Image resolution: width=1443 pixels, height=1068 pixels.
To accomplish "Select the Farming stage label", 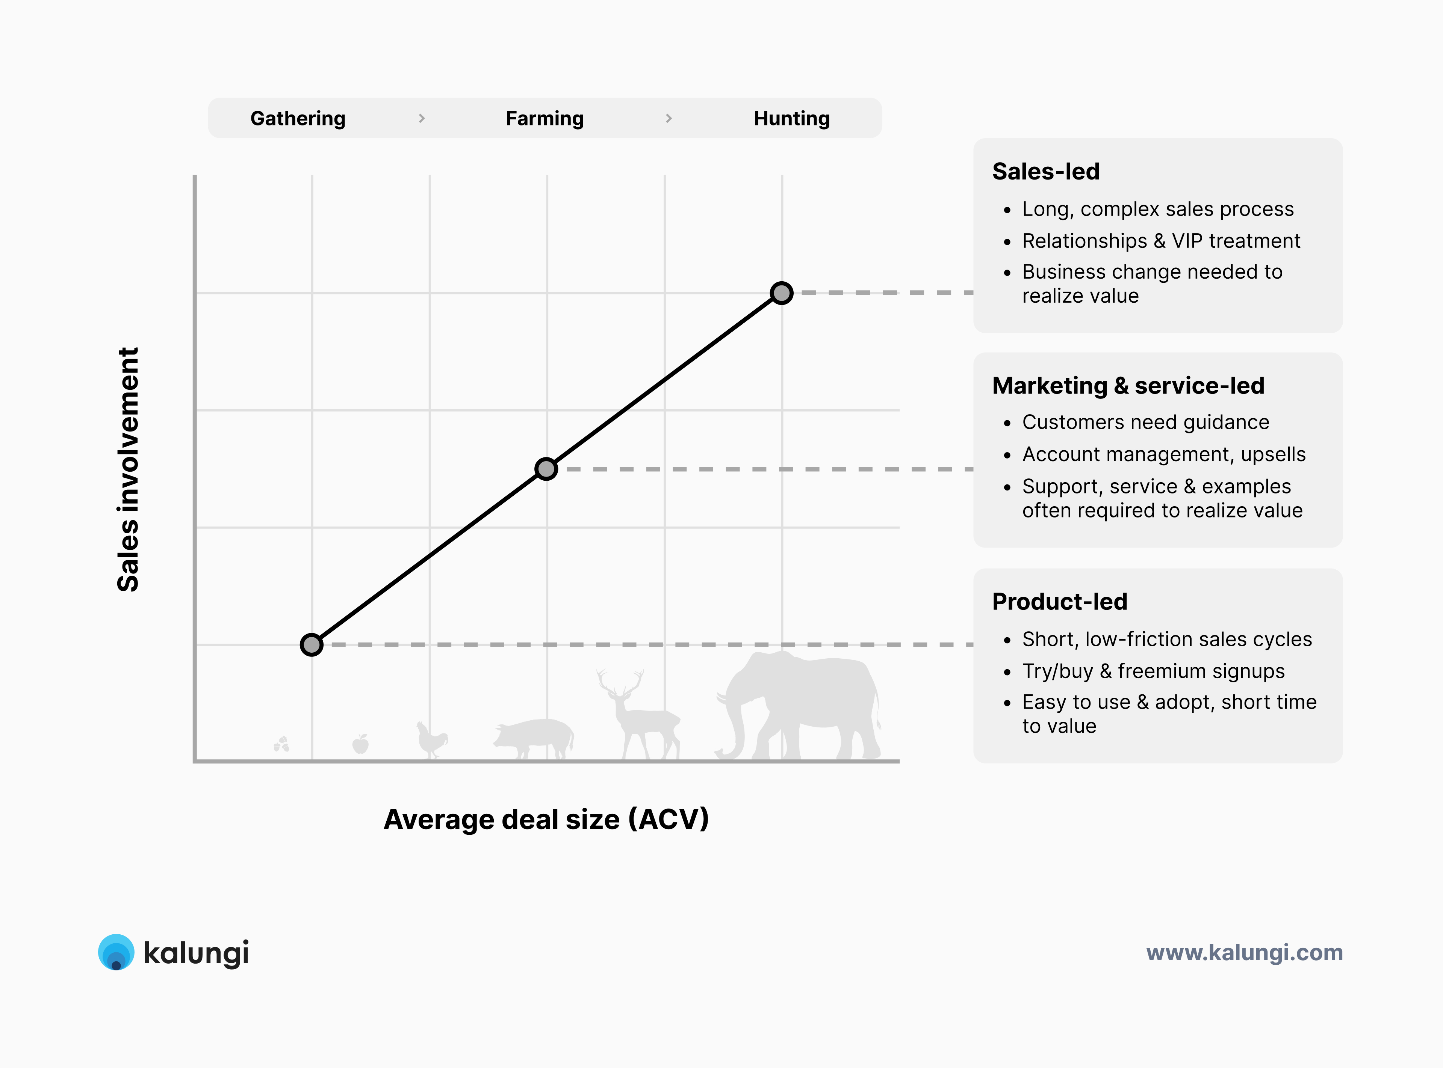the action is point(545,118).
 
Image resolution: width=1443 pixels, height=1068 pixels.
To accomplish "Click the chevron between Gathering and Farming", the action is point(422,118).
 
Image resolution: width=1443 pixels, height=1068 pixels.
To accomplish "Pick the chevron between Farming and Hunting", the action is point(669,118).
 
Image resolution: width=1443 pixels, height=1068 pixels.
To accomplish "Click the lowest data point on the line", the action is point(312,644).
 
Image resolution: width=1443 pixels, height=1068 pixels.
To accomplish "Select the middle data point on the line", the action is point(546,469).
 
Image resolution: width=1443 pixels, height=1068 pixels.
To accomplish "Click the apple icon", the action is point(360,744).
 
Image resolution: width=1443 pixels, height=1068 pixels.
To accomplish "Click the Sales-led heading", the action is point(1046,171).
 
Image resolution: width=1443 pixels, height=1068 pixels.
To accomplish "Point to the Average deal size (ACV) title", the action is point(546,819).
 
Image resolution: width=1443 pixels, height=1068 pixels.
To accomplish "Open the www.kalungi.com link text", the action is point(1245,952).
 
